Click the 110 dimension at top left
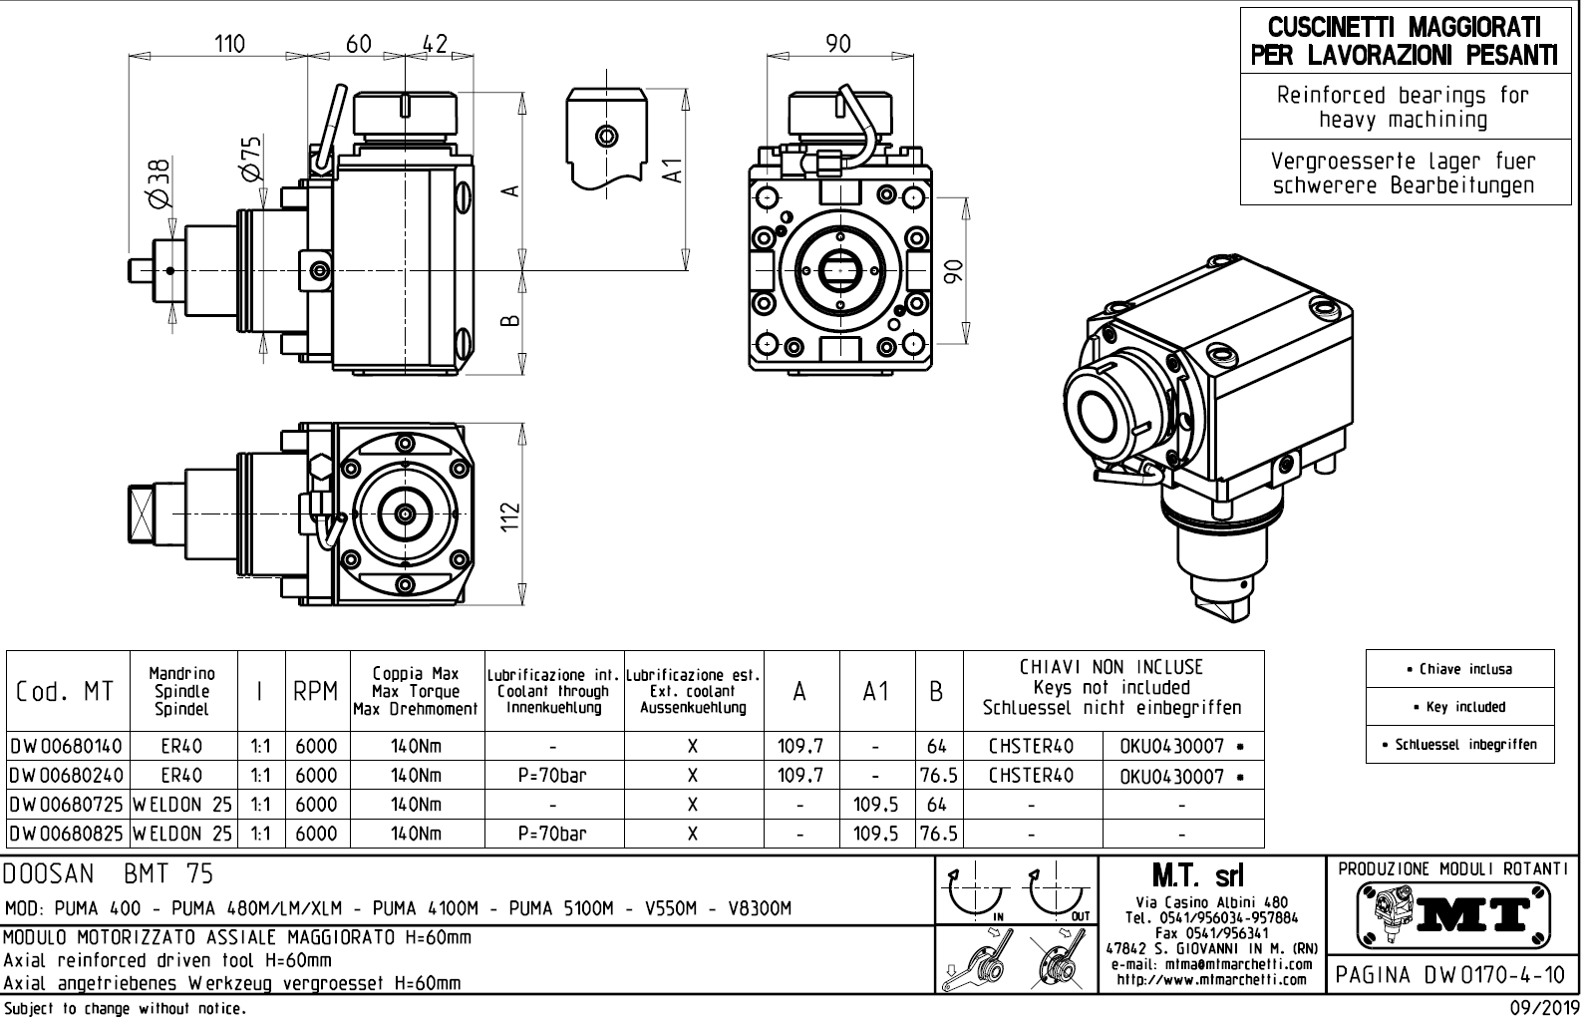[x=229, y=44]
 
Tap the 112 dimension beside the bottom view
[x=510, y=516]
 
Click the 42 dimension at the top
[x=435, y=44]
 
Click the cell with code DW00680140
[x=68, y=746]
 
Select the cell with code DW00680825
[x=68, y=834]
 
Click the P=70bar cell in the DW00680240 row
[x=552, y=776]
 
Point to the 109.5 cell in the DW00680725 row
[x=876, y=805]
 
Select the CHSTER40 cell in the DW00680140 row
[x=1032, y=746]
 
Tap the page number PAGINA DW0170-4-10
[x=1451, y=975]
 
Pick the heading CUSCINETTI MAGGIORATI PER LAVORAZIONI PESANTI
[x=1404, y=41]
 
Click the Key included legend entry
[x=1459, y=707]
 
